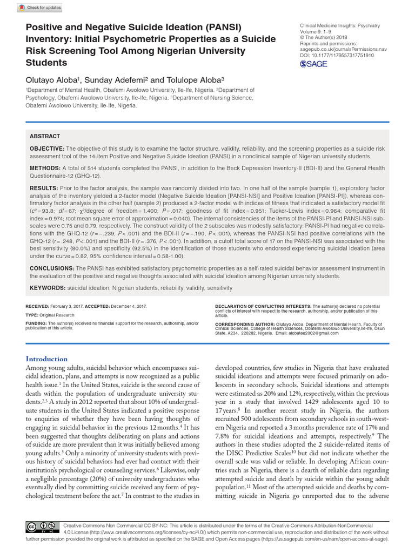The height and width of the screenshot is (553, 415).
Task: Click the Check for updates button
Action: pos(41,8)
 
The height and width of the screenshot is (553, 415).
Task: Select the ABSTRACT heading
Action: pos(45,136)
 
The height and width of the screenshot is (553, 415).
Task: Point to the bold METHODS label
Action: pos(45,168)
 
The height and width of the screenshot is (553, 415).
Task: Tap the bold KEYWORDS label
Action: pos(47,288)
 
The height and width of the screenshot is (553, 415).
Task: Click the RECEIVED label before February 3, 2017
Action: pos(37,306)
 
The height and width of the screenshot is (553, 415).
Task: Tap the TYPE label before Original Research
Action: pos(32,314)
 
